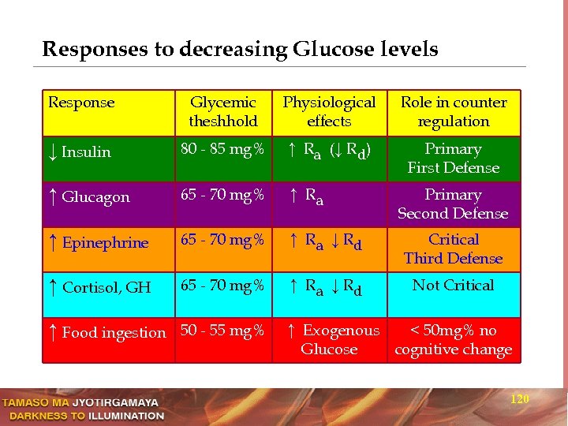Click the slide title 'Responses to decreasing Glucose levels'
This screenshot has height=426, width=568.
pos(240,50)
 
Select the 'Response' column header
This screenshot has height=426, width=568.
pos(81,103)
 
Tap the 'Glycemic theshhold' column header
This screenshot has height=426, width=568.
pos(223,112)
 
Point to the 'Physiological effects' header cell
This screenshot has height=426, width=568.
pos(329,112)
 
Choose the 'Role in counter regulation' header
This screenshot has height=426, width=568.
pos(454,112)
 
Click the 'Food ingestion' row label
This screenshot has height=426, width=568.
pos(107,333)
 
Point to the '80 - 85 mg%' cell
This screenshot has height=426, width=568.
pos(222,149)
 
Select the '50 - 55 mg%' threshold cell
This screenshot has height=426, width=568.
pos(222,331)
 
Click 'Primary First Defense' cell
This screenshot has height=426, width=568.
pos(454,159)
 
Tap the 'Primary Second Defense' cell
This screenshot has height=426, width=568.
pos(453,204)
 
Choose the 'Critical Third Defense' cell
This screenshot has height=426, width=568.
pos(454,249)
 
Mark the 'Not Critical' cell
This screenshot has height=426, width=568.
pos(454,286)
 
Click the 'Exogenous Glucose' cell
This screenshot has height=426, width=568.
pos(331,340)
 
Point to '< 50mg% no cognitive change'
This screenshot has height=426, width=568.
pos(454,340)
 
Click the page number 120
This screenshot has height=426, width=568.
pos(519,399)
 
